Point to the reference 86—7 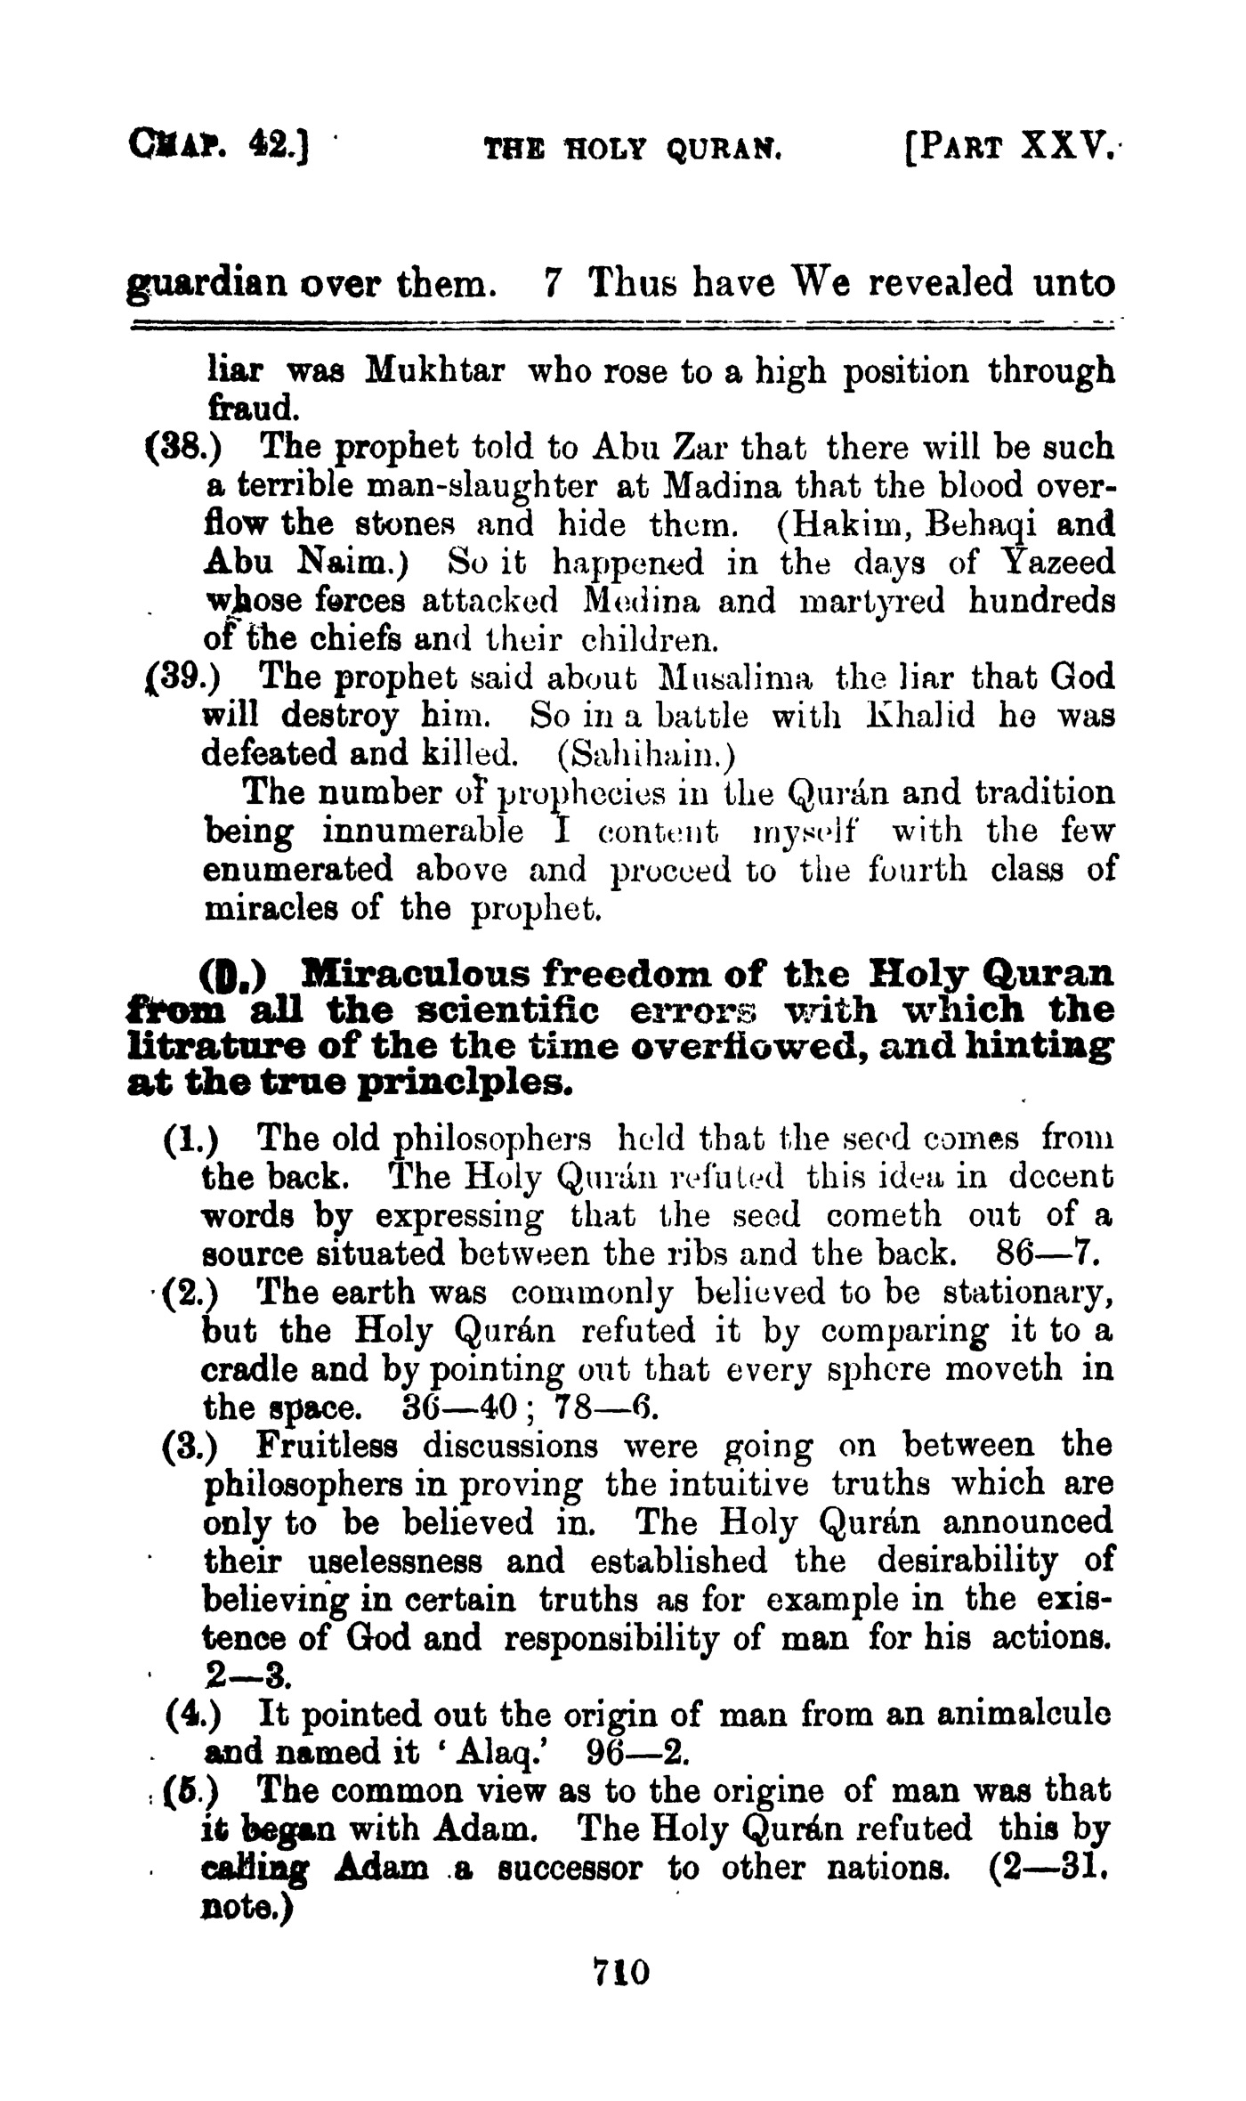tap(1046, 1253)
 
